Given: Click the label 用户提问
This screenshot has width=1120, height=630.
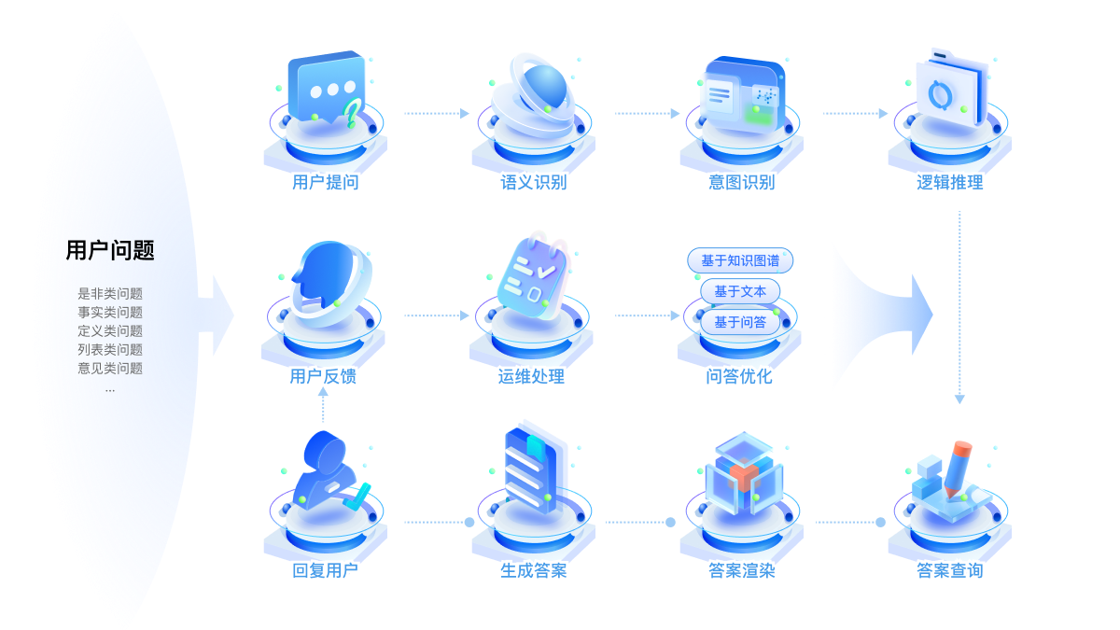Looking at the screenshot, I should tap(324, 183).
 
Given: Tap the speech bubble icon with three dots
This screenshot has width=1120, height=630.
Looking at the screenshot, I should tap(326, 91).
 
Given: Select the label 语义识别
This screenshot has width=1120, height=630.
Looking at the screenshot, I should tap(533, 183).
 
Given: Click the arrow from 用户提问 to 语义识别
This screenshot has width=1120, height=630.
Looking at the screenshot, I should tap(436, 114).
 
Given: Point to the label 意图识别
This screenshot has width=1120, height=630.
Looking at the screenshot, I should tap(741, 183).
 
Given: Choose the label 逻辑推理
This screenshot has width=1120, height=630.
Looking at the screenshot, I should tap(950, 183).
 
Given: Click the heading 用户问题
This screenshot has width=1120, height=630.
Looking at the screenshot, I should tap(110, 250).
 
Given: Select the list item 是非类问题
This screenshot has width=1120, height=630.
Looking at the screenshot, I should tap(110, 294).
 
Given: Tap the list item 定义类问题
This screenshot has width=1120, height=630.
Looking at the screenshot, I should tap(110, 331).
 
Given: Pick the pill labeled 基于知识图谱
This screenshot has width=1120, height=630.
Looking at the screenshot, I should tap(740, 260).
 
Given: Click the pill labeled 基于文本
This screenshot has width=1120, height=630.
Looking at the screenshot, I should tap(740, 291).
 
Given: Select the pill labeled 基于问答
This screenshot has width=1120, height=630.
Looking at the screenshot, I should tap(740, 322).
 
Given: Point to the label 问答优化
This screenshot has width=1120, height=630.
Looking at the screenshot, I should tap(739, 378).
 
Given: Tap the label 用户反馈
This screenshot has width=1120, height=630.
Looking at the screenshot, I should tap(323, 378).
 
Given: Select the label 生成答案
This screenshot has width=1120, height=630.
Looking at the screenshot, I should tap(533, 571).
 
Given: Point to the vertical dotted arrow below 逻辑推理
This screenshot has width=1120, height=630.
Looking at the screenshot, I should tap(959, 308).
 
